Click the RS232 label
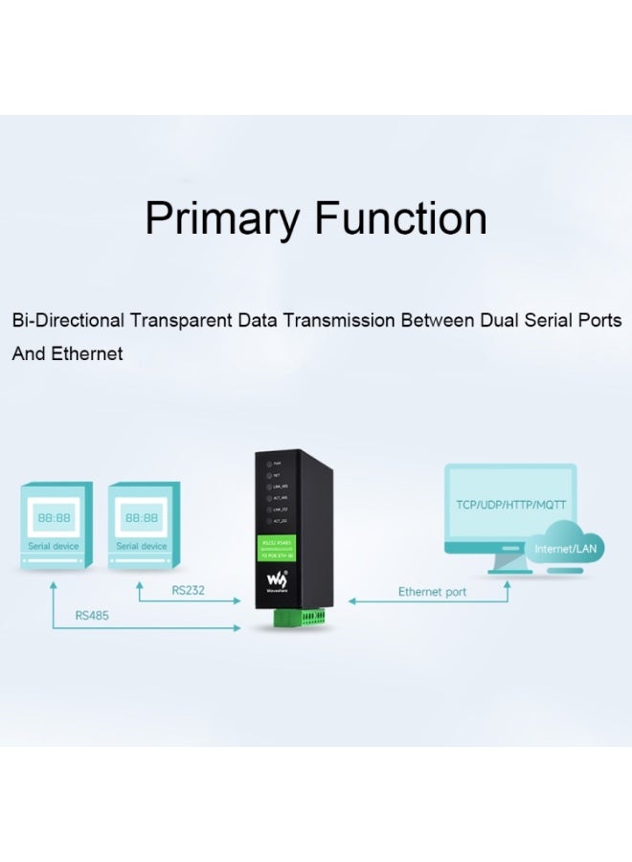click(x=188, y=590)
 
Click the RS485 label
click(x=91, y=616)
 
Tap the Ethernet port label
click(x=432, y=592)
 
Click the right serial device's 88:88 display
click(x=141, y=517)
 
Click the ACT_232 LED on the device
click(x=265, y=520)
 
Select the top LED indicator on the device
click(x=265, y=463)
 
